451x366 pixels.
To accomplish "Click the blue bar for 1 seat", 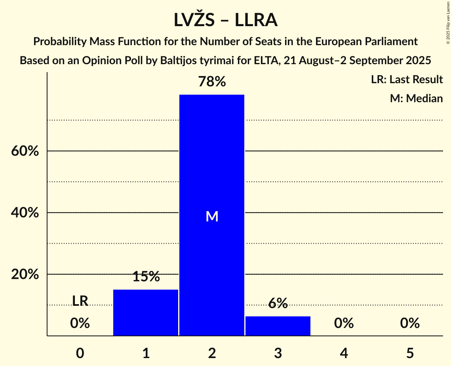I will tap(146, 313).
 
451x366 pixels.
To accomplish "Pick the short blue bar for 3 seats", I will tap(278, 326).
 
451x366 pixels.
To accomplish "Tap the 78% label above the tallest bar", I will tap(212, 82).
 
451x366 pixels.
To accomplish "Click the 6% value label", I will tap(278, 303).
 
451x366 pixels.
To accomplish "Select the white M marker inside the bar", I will tap(212, 216).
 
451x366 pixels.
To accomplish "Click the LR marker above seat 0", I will tap(80, 301).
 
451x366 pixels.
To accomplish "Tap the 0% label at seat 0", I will tap(80, 324).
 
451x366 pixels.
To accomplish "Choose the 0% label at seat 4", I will tap(344, 324).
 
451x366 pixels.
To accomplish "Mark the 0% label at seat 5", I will tap(410, 324).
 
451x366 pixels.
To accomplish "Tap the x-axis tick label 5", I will tap(410, 353).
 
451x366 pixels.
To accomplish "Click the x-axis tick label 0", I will tap(80, 353).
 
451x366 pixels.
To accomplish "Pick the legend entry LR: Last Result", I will tap(407, 80).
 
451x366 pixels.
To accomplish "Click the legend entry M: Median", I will tap(416, 98).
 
